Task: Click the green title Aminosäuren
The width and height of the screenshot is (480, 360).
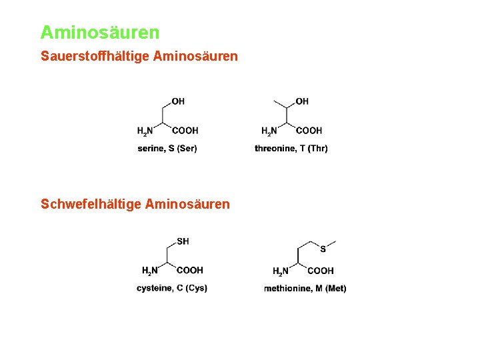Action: (x=100, y=32)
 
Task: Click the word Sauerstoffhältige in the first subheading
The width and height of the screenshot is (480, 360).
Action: (x=95, y=57)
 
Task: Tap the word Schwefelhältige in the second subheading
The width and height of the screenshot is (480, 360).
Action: (x=91, y=204)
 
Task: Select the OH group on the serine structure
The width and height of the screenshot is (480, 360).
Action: (x=178, y=101)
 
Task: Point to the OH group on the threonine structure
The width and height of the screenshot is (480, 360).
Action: (x=302, y=101)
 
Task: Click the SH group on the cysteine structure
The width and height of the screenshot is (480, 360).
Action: (x=183, y=241)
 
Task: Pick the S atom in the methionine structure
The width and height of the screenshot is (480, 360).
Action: (x=323, y=249)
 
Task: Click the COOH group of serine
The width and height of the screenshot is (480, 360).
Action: (x=185, y=131)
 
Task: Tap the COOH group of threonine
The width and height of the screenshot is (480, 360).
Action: (x=309, y=131)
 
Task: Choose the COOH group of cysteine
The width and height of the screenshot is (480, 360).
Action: (x=190, y=270)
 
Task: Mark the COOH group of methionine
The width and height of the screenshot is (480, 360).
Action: (x=321, y=271)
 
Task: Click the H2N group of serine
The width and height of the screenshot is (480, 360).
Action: (x=145, y=131)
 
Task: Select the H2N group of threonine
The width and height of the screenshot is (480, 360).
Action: (x=269, y=131)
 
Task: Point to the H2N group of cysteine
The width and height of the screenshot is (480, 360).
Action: (x=150, y=271)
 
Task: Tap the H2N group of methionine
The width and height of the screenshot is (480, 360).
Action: (x=281, y=271)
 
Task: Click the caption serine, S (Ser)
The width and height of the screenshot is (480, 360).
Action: (x=167, y=148)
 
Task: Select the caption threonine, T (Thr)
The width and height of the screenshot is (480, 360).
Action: (x=291, y=148)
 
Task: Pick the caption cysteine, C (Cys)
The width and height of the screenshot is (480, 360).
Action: (x=172, y=288)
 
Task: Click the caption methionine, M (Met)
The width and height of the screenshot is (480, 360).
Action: (x=305, y=288)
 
